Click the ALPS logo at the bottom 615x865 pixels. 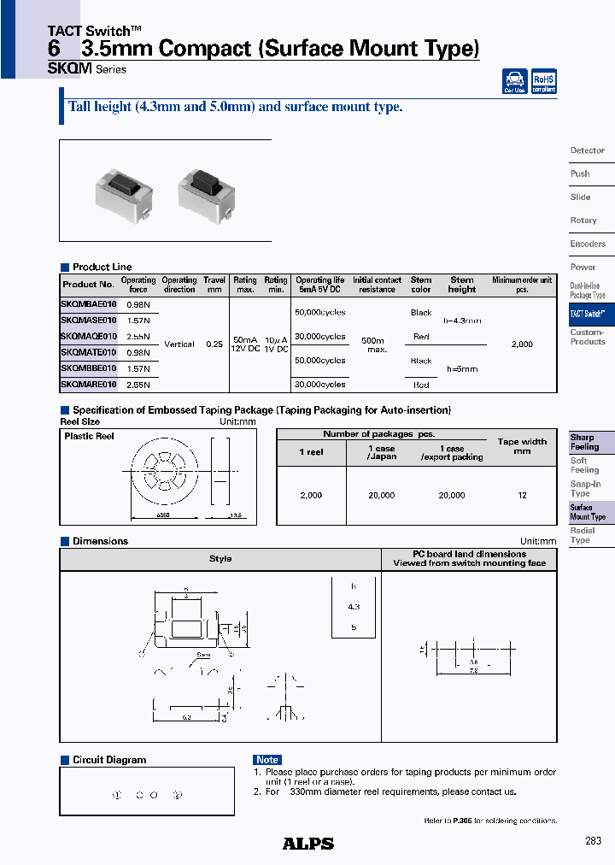[308, 844]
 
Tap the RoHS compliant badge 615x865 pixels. [543, 81]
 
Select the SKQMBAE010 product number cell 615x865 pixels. [89, 304]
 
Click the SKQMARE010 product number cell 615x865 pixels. [89, 385]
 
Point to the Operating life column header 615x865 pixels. [319, 285]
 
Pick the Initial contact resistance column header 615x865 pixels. [377, 285]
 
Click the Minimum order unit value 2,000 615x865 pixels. [521, 344]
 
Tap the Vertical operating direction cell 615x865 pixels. [179, 344]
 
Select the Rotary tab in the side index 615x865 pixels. [583, 221]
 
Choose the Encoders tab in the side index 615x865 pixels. [588, 244]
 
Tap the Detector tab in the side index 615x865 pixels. [588, 150]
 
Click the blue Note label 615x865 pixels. [267, 760]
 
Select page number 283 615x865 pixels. [594, 841]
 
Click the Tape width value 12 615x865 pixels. [522, 495]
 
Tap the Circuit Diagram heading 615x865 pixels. [108, 760]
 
